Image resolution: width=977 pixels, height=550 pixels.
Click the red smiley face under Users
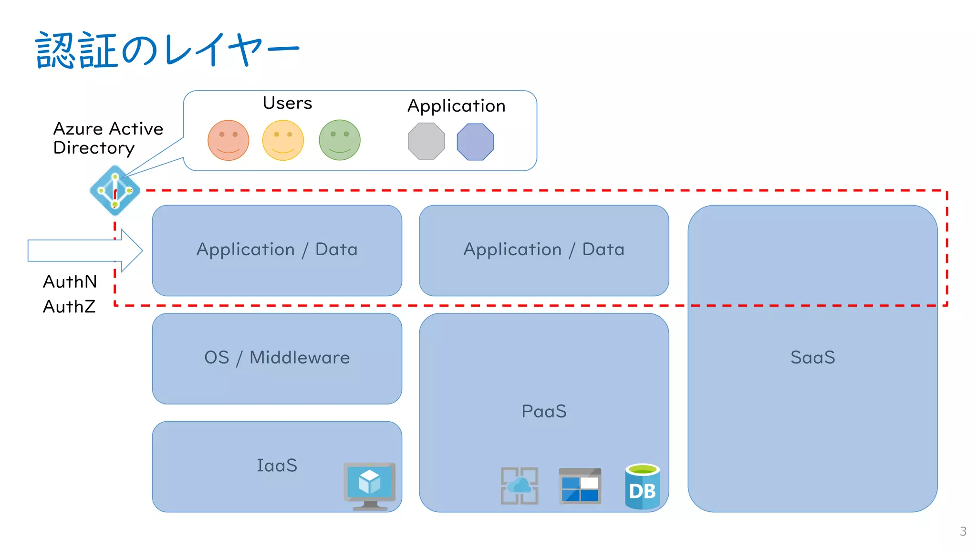coord(228,140)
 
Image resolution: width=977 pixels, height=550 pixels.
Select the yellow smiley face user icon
coord(283,140)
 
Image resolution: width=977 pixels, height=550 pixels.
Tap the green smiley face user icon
coord(339,140)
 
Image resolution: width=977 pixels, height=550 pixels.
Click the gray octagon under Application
coord(426,141)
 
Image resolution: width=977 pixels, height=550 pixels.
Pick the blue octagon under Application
coord(475,142)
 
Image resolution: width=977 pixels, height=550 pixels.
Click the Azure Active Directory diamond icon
coord(115,190)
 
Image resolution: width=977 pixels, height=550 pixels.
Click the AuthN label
coord(70,282)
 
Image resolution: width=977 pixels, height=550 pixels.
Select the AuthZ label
coord(69,307)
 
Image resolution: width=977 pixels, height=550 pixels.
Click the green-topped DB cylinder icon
coord(642,487)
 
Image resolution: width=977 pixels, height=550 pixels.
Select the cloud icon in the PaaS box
coord(520,486)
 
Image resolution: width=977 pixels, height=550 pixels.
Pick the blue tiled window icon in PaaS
coord(580,486)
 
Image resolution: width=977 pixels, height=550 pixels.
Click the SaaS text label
coord(812,357)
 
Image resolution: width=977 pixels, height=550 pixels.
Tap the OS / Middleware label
coord(277,358)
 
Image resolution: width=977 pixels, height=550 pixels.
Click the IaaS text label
coord(277,466)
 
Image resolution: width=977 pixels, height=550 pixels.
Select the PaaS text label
coord(544,411)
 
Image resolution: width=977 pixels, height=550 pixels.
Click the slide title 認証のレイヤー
coord(167,50)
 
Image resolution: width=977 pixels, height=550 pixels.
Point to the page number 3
coord(963,531)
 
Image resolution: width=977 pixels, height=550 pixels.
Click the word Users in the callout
coord(287,103)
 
